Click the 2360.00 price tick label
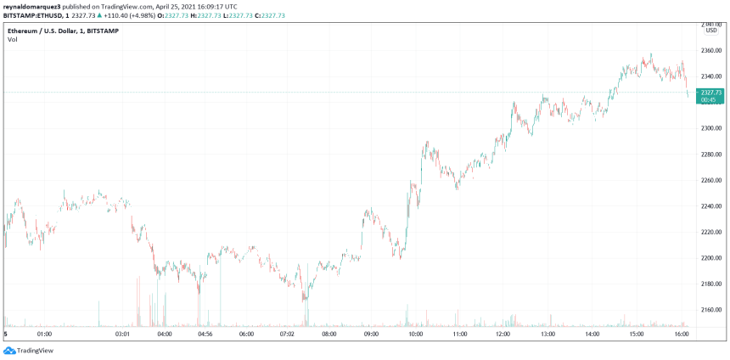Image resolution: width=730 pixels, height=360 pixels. [x=711, y=50]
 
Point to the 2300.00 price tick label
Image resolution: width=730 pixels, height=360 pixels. [x=711, y=128]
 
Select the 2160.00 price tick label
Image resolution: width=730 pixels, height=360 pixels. [x=711, y=310]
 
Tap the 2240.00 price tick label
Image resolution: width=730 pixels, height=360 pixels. [x=711, y=206]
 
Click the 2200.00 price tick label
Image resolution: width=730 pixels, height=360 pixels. [x=711, y=258]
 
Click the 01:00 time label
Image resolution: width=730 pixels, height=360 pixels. [x=45, y=335]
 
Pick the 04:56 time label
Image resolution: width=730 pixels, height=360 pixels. [x=205, y=335]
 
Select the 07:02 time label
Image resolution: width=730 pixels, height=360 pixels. [x=287, y=335]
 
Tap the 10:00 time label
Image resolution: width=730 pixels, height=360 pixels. [x=416, y=335]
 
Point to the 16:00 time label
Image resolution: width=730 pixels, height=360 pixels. [x=681, y=335]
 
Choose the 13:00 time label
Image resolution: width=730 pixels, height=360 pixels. [x=548, y=335]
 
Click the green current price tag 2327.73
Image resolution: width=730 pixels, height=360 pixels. [x=710, y=93]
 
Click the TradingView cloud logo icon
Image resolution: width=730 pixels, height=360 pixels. [x=9, y=351]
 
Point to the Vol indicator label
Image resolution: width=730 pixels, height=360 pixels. [x=13, y=39]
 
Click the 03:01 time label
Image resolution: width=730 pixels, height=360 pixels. [x=122, y=335]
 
